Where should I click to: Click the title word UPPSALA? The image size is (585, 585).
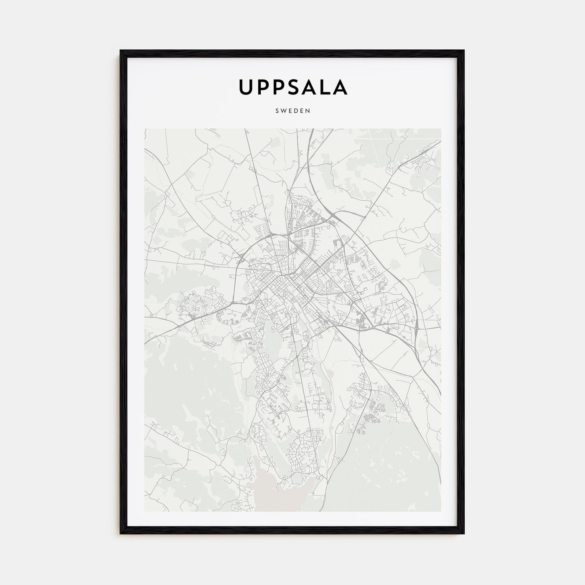292,86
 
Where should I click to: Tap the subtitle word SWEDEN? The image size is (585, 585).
292,111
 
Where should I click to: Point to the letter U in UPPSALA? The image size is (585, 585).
245,86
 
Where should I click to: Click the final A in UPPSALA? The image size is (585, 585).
341,86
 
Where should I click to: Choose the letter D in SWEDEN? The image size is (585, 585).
296,111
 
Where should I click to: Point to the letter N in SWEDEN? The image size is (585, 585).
308,111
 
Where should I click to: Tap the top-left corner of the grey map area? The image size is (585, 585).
145,129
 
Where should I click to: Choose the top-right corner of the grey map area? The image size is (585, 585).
440,129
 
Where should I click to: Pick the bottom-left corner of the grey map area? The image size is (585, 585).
145,511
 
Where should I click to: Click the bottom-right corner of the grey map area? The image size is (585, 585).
440,511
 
